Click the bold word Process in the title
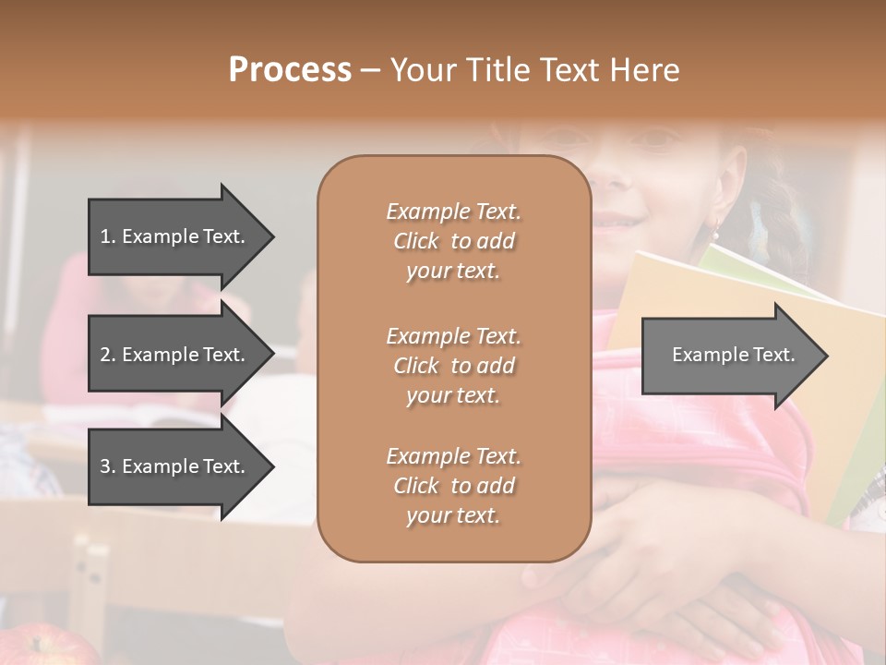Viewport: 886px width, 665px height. coord(290,70)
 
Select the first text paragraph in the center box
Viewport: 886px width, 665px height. coord(453,241)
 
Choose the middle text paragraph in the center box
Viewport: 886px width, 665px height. coord(453,365)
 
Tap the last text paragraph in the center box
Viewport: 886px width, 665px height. coord(453,486)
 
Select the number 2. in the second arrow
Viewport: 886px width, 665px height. coord(108,355)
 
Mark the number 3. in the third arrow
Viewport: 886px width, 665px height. coord(108,466)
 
